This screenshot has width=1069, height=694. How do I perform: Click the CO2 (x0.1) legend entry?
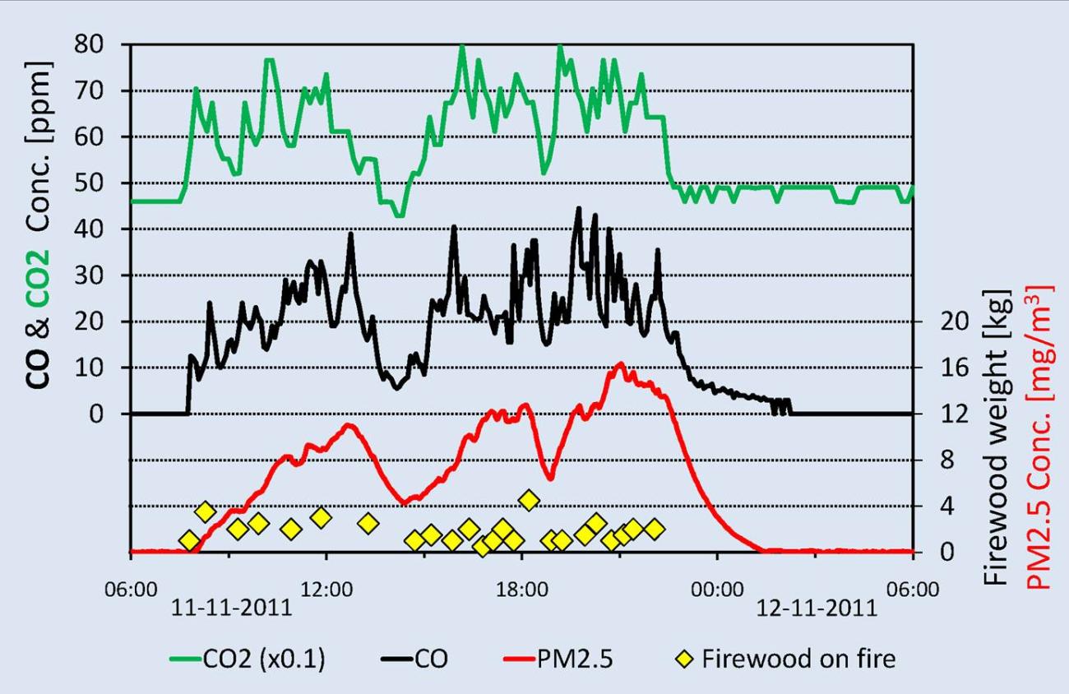coord(247,659)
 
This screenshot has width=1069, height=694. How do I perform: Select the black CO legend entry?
coord(414,659)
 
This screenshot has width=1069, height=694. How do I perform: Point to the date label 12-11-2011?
coord(817,609)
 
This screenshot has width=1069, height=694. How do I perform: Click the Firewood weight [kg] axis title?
coord(996,437)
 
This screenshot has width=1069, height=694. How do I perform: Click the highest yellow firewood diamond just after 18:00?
coord(529,500)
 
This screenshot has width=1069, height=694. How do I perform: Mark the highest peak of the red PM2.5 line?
coord(619,363)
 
